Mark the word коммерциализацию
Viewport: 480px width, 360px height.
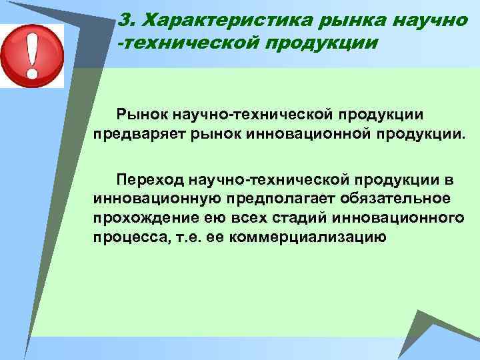tap(307, 238)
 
